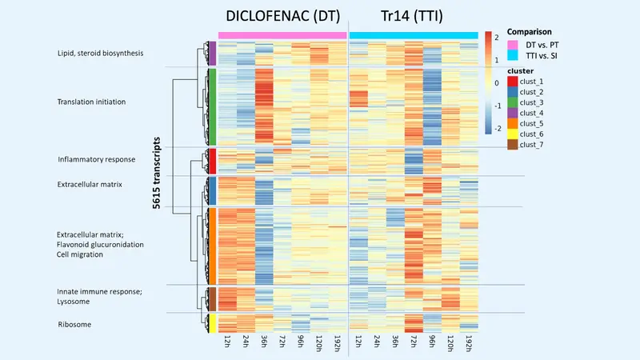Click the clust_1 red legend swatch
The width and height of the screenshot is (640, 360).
pos(511,82)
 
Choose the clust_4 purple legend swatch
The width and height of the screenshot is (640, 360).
pos(511,113)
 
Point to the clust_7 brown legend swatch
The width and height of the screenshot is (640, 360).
pos(511,144)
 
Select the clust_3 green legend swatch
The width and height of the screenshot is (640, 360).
pos(511,102)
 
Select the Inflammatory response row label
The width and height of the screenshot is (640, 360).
pos(95,159)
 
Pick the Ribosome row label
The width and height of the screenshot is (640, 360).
pos(74,324)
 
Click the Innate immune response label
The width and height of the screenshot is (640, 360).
pos(99,291)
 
